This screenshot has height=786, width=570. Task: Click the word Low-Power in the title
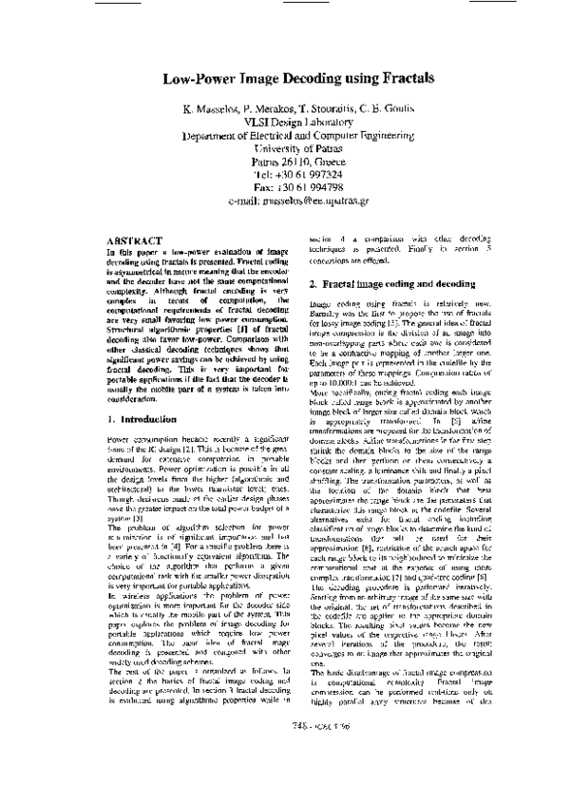[198, 81]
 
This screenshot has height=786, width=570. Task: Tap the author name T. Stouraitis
[322, 109]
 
